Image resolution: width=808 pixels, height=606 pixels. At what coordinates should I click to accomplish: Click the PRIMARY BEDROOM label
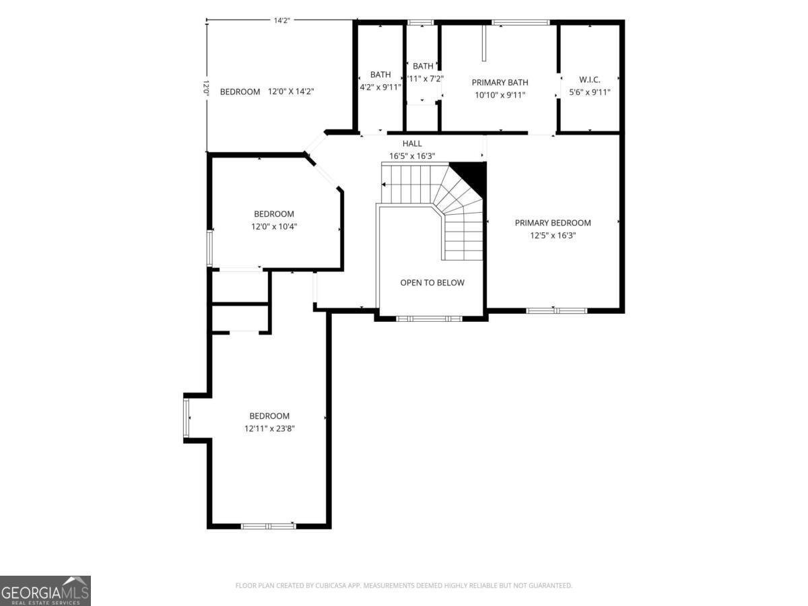click(553, 223)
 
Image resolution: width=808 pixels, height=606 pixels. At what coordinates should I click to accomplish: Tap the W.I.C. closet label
click(589, 79)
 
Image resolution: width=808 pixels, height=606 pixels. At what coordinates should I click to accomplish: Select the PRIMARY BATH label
click(500, 82)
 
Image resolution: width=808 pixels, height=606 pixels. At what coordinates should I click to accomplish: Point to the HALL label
click(412, 143)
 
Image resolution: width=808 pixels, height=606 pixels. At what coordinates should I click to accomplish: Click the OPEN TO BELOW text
click(432, 283)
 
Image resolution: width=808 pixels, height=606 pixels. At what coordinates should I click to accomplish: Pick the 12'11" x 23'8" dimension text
click(269, 429)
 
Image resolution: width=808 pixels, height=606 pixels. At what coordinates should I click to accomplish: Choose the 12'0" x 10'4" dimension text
click(274, 227)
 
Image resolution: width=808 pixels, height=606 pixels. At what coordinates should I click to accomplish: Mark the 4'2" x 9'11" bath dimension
click(380, 87)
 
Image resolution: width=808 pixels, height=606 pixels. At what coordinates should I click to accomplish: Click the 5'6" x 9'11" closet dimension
click(589, 92)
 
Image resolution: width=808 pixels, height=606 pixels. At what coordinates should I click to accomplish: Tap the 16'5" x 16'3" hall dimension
click(412, 156)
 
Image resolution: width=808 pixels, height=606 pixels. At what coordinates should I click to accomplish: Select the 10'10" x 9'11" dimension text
click(500, 95)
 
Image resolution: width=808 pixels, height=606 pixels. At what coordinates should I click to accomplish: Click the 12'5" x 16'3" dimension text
click(553, 236)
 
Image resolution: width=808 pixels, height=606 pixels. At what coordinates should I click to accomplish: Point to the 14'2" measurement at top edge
click(281, 20)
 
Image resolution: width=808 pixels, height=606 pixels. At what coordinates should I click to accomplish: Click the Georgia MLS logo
click(45, 591)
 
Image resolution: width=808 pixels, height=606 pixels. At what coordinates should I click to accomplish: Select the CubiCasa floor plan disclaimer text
click(404, 586)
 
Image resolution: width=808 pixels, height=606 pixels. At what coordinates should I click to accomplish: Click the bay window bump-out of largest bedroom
click(188, 418)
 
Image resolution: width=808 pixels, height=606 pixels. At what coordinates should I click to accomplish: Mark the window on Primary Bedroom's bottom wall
click(556, 310)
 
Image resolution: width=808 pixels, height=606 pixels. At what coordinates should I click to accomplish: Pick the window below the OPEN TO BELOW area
click(429, 318)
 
